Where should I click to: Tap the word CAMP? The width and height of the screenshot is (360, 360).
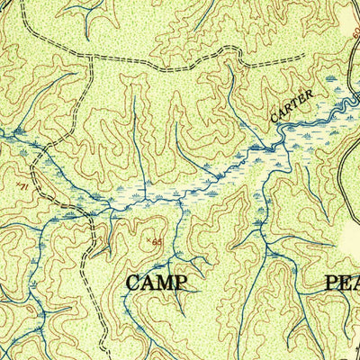tap(157, 283)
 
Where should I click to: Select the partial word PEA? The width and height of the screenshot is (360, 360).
tap(341, 283)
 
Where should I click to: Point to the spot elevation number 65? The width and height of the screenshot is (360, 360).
tap(157, 241)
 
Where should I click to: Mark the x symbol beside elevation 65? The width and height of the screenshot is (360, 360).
tap(148, 239)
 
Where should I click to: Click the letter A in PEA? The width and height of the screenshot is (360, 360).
tap(356, 283)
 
